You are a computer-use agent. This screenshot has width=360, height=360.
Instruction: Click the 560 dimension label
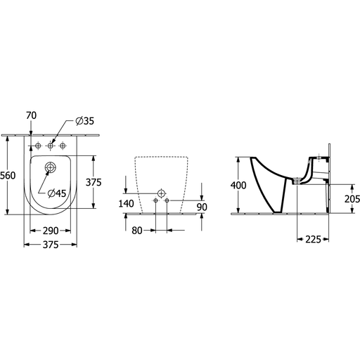tap(8, 175)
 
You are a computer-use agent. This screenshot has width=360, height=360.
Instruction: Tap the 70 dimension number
tap(31, 115)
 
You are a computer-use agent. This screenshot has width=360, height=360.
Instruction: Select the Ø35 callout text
tap(85, 121)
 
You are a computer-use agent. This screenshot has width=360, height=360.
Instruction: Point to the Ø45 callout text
tap(57, 193)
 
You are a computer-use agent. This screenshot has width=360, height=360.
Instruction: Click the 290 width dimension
tap(51, 231)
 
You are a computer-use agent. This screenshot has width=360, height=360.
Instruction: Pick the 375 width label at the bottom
tap(51, 245)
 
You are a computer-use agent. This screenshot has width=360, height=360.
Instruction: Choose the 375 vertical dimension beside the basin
tap(94, 182)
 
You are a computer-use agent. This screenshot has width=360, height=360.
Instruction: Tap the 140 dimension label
tap(126, 203)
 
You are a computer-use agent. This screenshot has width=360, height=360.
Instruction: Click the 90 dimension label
tap(202, 207)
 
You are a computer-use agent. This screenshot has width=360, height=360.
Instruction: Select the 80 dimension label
tap(137, 231)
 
